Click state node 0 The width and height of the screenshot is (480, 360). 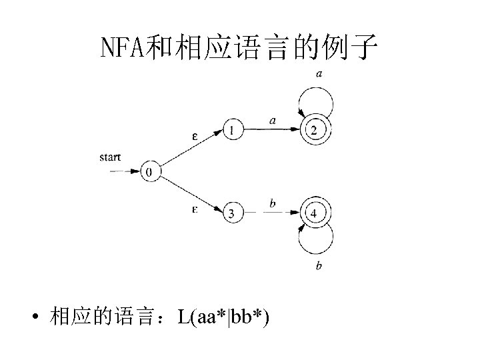point(151,171)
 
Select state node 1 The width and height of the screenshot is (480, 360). point(232,130)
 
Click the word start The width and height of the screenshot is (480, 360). point(110,157)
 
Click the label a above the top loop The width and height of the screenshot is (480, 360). point(320,74)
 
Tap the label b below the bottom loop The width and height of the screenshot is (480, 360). point(319,267)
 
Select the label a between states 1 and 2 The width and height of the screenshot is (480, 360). point(273,121)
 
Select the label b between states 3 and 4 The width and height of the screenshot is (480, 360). point(273,203)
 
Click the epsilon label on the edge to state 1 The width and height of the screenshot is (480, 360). point(195,137)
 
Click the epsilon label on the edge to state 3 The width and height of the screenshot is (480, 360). point(195,209)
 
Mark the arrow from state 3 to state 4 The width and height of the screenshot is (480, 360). point(273,213)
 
